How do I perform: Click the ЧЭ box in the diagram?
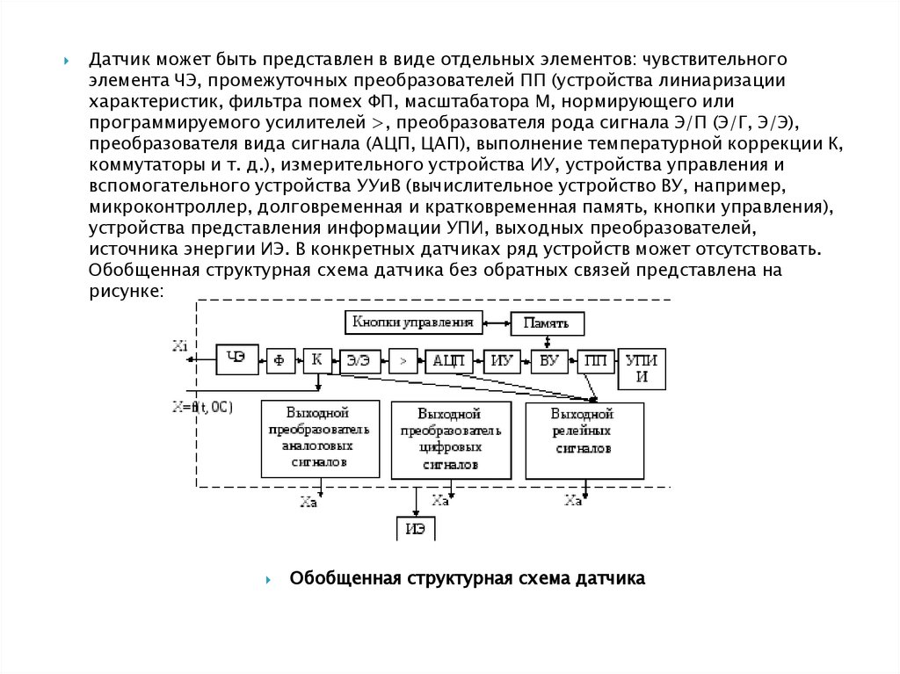click(x=236, y=359)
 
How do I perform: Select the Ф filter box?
click(x=280, y=359)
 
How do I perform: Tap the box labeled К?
click(x=316, y=359)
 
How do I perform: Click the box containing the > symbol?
click(x=403, y=361)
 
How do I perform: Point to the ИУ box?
click(x=502, y=361)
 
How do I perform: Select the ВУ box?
click(x=548, y=361)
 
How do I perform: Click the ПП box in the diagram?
click(x=595, y=361)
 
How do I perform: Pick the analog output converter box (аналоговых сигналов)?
click(x=320, y=438)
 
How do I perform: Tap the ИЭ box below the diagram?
click(x=415, y=528)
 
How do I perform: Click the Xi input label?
click(x=180, y=346)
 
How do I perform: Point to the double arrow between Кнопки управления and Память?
click(x=497, y=323)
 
